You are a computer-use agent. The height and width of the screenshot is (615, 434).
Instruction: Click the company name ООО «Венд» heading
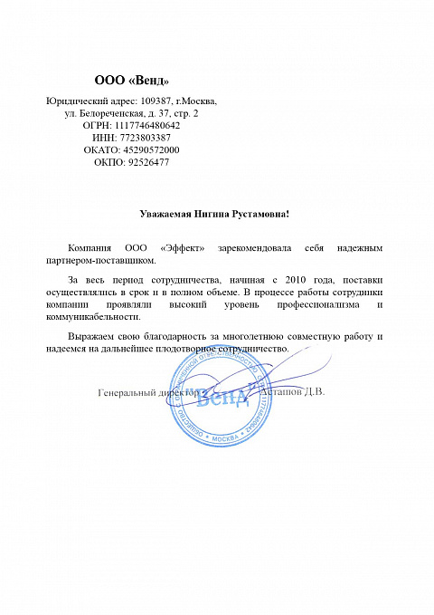pyautogui.click(x=131, y=82)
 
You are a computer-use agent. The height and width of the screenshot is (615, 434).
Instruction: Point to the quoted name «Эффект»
pyautogui.click(x=183, y=247)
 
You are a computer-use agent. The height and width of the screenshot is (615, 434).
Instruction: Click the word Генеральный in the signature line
pyautogui.click(x=125, y=393)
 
